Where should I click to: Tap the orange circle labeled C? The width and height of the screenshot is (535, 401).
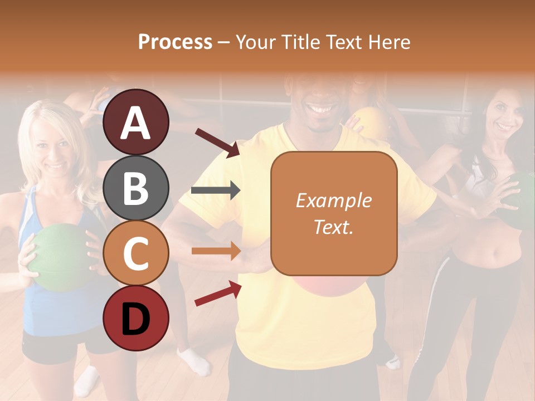click(x=136, y=253)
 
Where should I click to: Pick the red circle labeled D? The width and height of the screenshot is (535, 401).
click(x=136, y=318)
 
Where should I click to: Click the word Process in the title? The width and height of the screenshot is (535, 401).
click(x=175, y=42)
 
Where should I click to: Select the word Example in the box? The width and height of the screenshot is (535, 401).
click(x=333, y=200)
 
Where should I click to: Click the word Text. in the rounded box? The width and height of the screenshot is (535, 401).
click(x=333, y=227)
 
